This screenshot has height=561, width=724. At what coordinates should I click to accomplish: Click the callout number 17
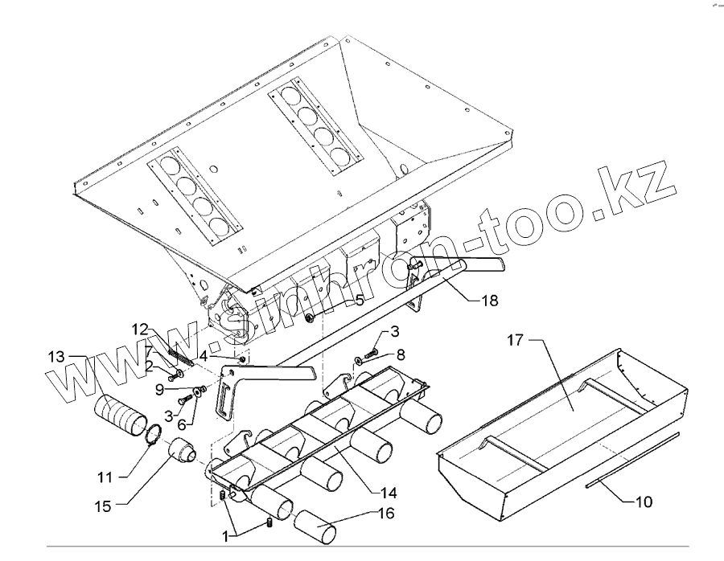(515, 341)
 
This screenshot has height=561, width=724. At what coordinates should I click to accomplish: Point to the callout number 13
(56, 357)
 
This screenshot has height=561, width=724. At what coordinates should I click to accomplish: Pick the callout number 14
(387, 492)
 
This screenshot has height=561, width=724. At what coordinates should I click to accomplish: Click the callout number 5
(360, 299)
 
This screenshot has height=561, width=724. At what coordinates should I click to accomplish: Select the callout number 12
(140, 329)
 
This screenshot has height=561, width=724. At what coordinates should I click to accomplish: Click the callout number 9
(159, 389)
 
